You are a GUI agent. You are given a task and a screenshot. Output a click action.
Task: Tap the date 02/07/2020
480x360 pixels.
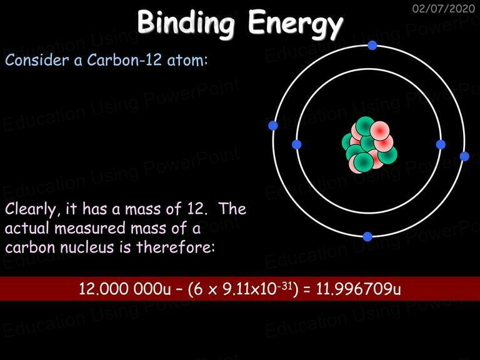(443, 8)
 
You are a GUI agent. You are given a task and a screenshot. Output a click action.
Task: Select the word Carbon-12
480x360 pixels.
(124, 60)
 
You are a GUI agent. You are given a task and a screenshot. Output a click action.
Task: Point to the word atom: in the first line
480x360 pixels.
(187, 60)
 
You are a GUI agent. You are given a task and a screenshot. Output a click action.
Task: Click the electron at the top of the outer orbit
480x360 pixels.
(372, 46)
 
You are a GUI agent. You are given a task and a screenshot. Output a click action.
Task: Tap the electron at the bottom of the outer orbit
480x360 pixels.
(367, 237)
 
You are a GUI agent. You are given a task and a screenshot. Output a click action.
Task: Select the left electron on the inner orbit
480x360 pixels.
(297, 144)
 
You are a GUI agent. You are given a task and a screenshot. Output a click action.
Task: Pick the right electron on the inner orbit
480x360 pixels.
(441, 144)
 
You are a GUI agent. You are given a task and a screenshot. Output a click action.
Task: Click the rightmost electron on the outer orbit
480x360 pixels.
(464, 156)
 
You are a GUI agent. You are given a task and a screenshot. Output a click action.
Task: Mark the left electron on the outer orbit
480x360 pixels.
(273, 126)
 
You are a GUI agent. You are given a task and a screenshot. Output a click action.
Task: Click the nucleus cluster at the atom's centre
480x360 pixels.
(369, 144)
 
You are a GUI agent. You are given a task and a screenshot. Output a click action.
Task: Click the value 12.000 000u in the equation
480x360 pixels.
(124, 289)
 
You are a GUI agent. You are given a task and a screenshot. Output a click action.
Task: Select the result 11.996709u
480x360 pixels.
(358, 289)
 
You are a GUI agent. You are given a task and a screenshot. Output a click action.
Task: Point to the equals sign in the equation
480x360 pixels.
(307, 289)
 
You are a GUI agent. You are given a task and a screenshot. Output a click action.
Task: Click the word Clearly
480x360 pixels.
(31, 210)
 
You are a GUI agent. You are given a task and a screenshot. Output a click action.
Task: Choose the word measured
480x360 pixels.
(90, 228)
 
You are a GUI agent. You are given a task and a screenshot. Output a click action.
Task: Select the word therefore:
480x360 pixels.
(176, 247)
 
